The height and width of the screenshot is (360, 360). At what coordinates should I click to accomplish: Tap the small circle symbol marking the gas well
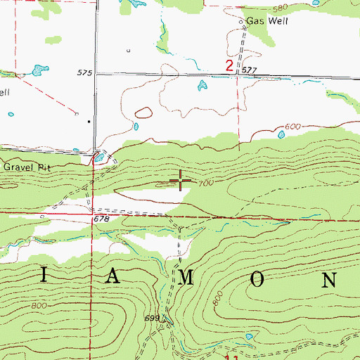point(240,22)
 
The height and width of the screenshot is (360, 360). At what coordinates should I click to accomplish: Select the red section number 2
point(229,66)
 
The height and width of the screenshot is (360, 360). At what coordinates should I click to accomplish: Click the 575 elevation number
point(85,72)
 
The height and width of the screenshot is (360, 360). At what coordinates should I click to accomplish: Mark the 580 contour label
point(281,8)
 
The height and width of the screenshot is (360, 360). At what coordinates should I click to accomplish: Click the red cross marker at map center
point(181,182)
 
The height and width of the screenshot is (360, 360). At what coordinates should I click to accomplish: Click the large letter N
point(329,278)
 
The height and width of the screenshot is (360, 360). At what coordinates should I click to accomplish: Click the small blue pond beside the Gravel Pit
point(99,158)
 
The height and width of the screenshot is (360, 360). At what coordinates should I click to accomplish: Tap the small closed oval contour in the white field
point(143,112)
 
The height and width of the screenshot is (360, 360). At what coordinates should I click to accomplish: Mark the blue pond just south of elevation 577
point(202,86)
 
